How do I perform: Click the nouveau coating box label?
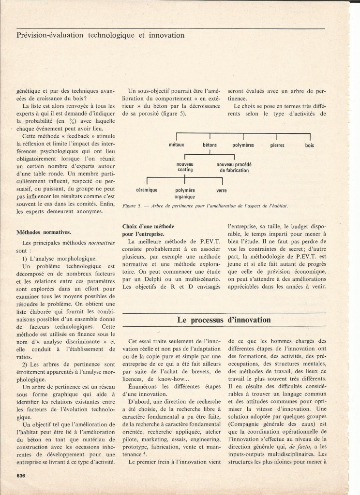coord(185,167)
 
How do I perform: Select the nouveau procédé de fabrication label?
coord(235,167)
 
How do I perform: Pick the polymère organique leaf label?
coord(185,193)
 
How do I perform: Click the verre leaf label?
coord(222,190)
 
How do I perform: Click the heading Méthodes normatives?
coord(38,232)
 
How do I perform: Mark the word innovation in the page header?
coord(164,35)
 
